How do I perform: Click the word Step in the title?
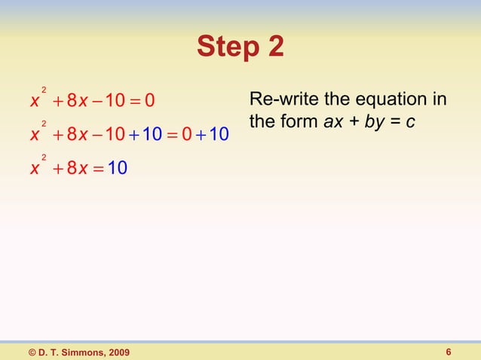[224, 48]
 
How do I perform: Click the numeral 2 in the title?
[276, 48]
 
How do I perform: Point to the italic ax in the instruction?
[332, 121]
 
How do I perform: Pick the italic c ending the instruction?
[409, 121]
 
